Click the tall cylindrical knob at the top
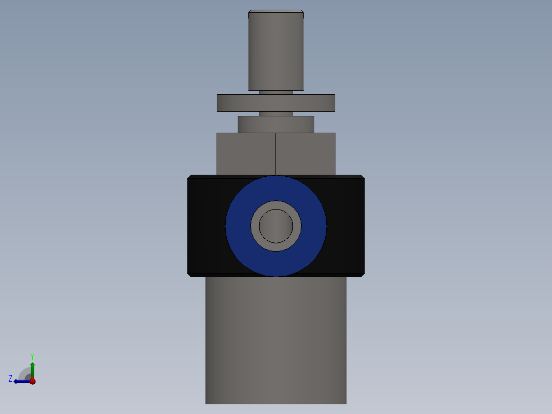click(x=275, y=51)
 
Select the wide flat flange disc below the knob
click(x=275, y=103)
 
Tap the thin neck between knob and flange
click(x=275, y=93)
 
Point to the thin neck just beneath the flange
click(x=275, y=114)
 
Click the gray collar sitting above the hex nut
click(x=275, y=124)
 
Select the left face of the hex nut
click(x=246, y=154)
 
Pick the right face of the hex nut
click(x=305, y=154)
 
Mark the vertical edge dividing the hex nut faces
click(x=276, y=154)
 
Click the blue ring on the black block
click(x=238, y=225)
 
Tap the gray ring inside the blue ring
click(x=254, y=225)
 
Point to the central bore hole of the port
click(x=275, y=225)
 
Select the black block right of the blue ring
click(x=346, y=225)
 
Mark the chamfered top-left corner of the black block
click(x=189, y=177)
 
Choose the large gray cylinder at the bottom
click(x=275, y=341)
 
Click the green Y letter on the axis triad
click(x=32, y=356)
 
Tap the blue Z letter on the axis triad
click(x=10, y=379)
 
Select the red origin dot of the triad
click(x=32, y=381)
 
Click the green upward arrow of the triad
click(x=32, y=368)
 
